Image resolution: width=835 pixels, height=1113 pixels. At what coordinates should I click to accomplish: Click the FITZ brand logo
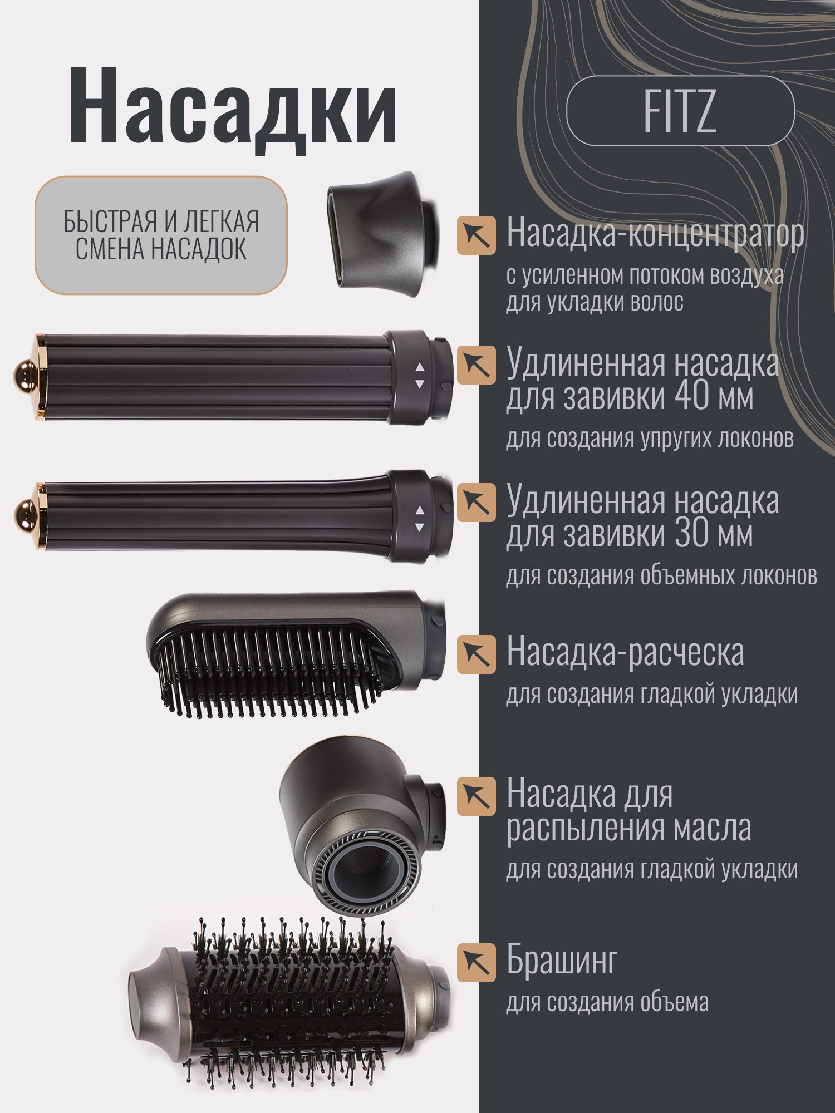pos(680,111)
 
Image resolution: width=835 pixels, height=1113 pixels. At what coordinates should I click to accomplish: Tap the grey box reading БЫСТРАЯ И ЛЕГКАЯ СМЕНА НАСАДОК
pos(161,235)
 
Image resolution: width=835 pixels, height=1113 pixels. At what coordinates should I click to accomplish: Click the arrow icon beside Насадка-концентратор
pos(477,235)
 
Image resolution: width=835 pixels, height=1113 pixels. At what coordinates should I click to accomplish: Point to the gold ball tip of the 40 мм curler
pos(24,376)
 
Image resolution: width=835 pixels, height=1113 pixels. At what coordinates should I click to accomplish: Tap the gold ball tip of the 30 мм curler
pos(24,515)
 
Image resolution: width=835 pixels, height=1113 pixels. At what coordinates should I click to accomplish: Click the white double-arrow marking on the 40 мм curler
pos(419,376)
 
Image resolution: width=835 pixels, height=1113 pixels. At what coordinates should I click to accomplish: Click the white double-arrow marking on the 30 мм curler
pos(419,518)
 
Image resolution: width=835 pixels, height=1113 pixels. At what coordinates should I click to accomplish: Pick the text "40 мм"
pos(714,396)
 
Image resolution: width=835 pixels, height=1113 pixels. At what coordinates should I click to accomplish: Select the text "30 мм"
pos(714,534)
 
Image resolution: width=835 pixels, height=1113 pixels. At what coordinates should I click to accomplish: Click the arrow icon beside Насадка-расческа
pos(477,654)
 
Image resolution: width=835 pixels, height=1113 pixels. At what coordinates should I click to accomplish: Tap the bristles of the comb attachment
pos(267,673)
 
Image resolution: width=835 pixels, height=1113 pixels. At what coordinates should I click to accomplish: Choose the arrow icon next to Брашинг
pos(477,962)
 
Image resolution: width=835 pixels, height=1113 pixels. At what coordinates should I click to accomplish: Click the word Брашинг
pos(562,961)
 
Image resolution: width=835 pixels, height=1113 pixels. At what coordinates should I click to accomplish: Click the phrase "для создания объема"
pos(607,1002)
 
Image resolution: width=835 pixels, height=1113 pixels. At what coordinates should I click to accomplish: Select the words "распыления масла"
pos(628,828)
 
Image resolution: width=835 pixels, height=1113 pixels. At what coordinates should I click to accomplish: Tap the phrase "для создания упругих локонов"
pos(650,438)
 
